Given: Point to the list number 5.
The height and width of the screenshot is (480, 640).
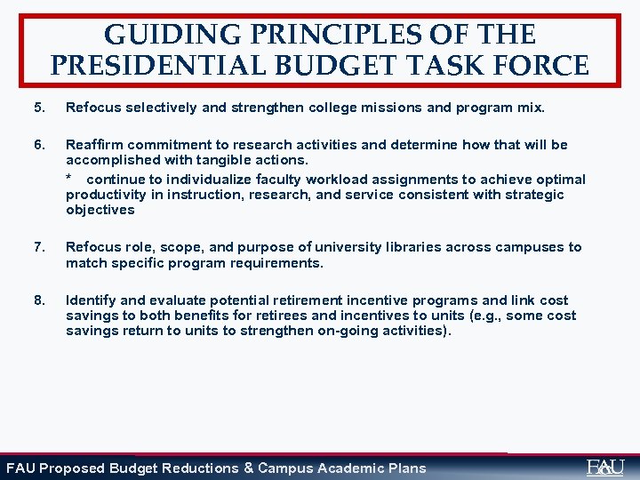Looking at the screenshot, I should (x=38, y=108).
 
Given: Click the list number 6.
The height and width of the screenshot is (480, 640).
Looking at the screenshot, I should (x=38, y=145).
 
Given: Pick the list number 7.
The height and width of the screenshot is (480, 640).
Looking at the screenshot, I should (x=38, y=247).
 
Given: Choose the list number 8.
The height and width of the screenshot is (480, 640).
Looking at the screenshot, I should (x=38, y=300).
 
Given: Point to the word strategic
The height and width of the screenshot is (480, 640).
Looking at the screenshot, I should (x=532, y=195).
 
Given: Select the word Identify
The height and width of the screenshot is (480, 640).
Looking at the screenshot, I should (x=91, y=300).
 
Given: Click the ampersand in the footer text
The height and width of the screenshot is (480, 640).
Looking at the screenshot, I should (x=248, y=468).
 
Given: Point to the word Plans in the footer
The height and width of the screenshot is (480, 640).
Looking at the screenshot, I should (x=406, y=468).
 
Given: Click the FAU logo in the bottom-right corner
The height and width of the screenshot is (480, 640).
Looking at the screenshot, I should (x=605, y=467).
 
